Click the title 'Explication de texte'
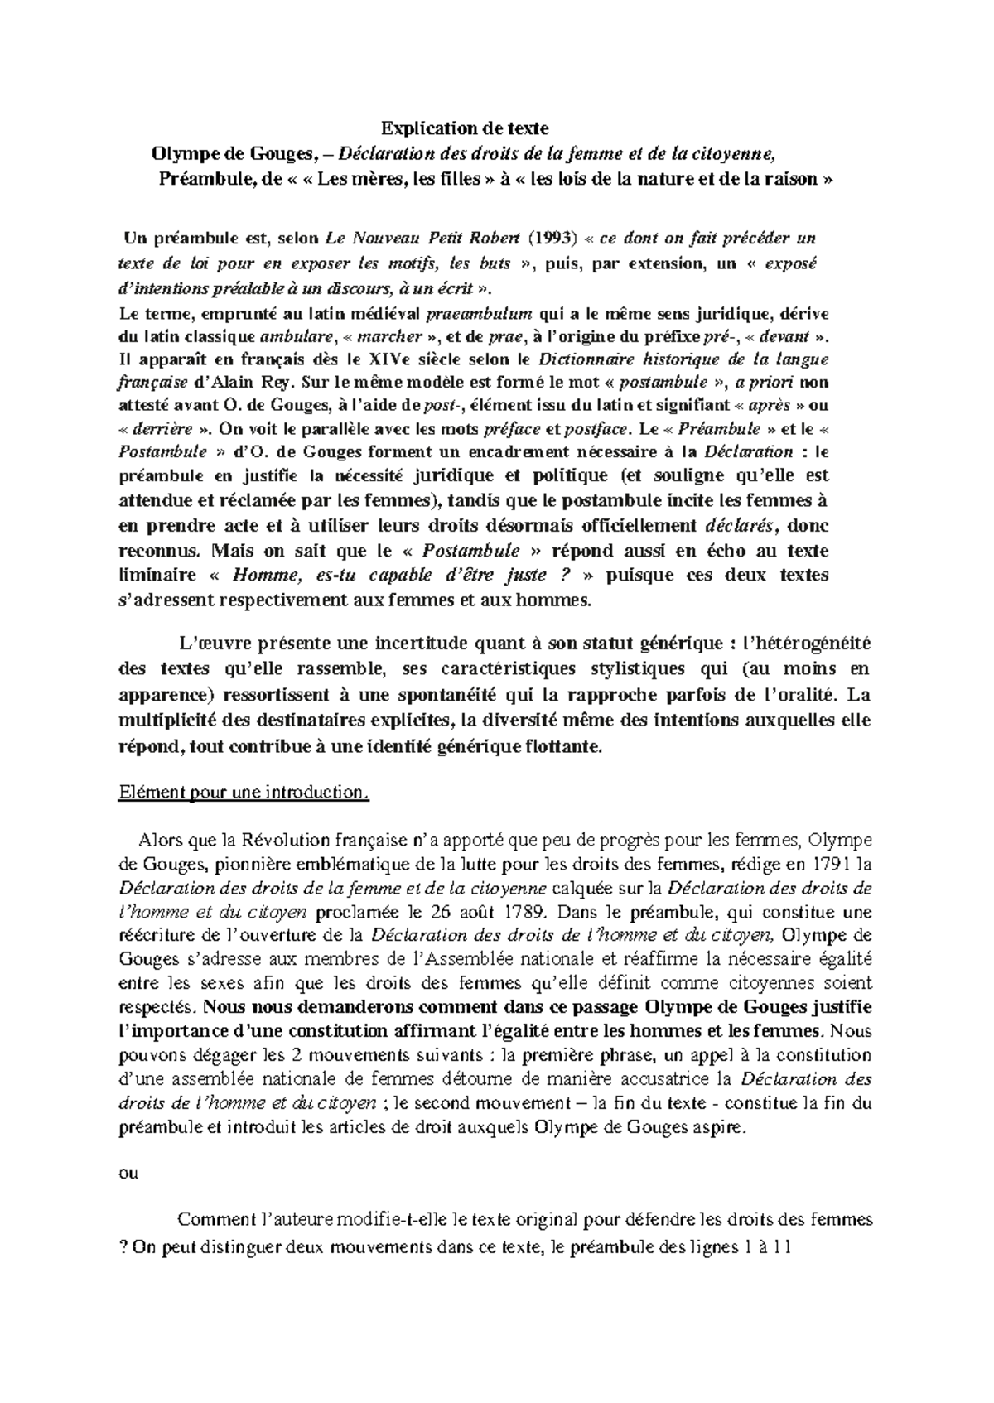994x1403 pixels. pyautogui.click(x=464, y=128)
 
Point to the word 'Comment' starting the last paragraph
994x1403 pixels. pyautogui.click(x=215, y=1220)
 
